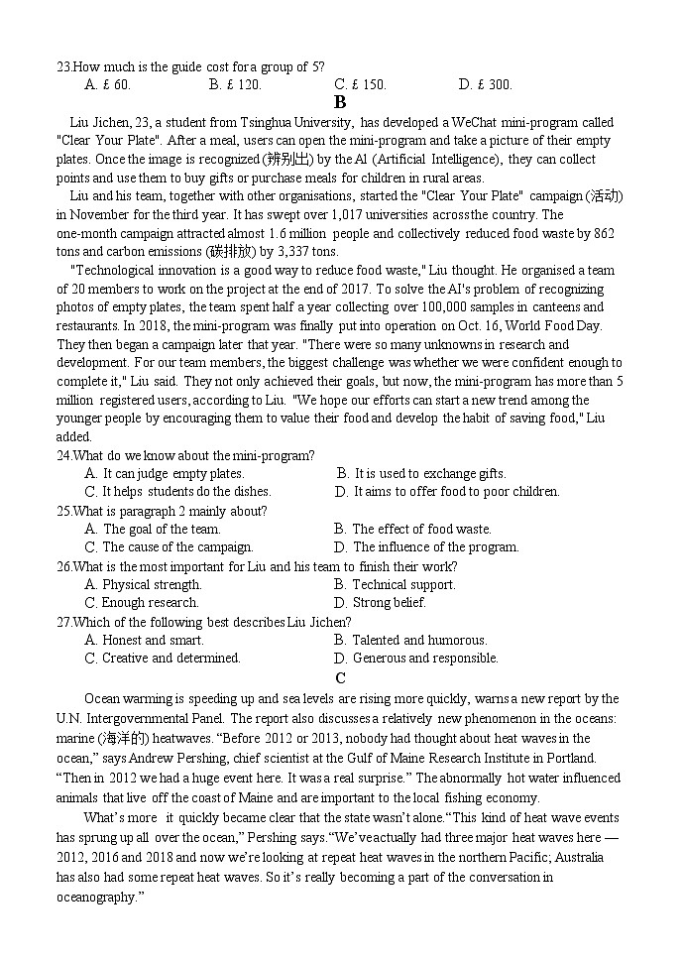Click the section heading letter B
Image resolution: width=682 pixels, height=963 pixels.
(x=340, y=102)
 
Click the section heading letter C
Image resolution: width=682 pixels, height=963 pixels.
(x=340, y=678)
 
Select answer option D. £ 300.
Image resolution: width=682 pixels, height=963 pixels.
(x=485, y=85)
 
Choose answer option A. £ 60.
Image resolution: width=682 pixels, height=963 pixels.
(x=107, y=85)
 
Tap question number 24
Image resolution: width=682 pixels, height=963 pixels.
(x=64, y=455)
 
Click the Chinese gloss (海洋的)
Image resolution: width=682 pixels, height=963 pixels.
(x=123, y=739)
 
